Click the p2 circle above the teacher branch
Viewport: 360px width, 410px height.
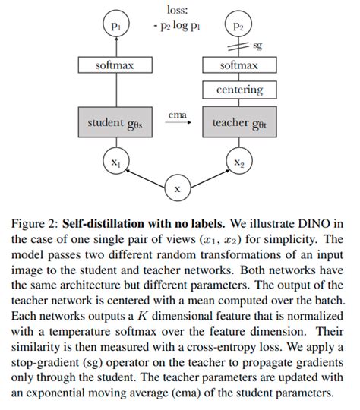click(239, 26)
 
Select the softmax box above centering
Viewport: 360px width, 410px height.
click(239, 66)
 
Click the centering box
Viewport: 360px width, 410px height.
click(239, 90)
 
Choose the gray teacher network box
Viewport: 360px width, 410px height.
click(239, 123)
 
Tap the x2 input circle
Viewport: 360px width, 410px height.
click(239, 162)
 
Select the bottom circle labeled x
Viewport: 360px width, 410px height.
click(177, 188)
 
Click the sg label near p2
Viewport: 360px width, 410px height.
click(257, 46)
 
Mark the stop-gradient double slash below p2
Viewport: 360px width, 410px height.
click(239, 46)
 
